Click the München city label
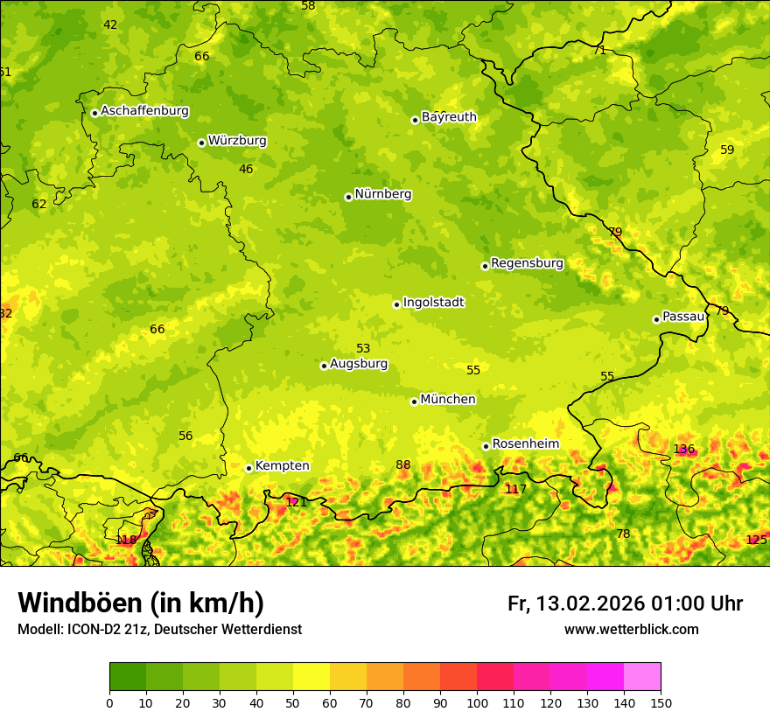448,400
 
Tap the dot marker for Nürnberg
348,197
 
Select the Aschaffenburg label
144,111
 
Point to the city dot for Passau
656,319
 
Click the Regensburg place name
527,263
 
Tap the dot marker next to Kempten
248,468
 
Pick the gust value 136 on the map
684,450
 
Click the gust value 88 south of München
403,465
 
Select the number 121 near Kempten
297,502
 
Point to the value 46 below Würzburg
246,170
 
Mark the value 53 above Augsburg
363,349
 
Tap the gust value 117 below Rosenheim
516,490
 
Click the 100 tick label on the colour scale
477,702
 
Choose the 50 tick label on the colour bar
293,702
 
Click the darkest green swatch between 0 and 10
128,677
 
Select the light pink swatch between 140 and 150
642,677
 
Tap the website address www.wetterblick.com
631,630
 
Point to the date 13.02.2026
590,604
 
